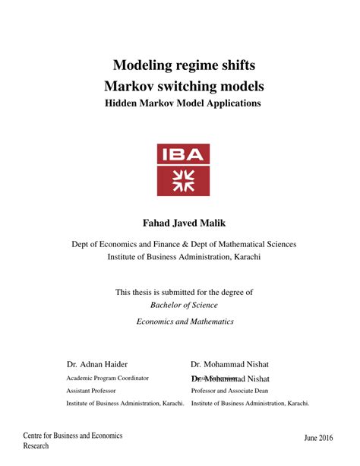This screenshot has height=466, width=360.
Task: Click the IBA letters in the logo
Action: pos(183,155)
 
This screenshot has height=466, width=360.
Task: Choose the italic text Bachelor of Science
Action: pos(183,305)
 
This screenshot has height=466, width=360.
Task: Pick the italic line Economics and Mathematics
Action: pos(185,322)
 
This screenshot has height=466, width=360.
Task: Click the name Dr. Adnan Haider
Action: pos(97,364)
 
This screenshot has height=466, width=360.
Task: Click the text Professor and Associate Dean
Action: pos(229,391)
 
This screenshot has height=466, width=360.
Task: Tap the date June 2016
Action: pos(318,439)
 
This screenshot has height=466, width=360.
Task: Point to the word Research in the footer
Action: pos(36,446)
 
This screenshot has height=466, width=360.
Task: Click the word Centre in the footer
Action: pos(34,436)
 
